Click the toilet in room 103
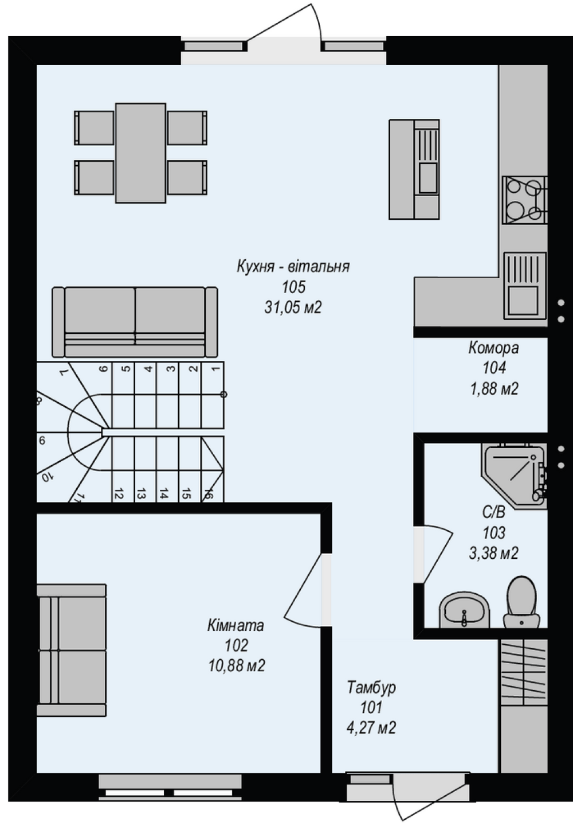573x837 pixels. pyautogui.click(x=521, y=602)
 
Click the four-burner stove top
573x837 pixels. pyautogui.click(x=525, y=200)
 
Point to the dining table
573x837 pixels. pyautogui.click(x=140, y=153)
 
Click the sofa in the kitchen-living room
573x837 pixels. pyautogui.click(x=135, y=322)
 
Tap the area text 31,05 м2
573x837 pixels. pyautogui.click(x=293, y=307)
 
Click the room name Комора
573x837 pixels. pyautogui.click(x=493, y=348)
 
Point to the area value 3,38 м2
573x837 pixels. pyautogui.click(x=493, y=554)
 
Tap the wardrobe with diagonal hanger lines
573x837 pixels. pyautogui.click(x=524, y=672)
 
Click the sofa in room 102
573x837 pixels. pyautogui.click(x=71, y=650)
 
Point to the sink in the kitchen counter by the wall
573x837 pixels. pyautogui.click(x=525, y=286)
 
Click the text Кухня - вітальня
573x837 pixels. pyautogui.click(x=293, y=267)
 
